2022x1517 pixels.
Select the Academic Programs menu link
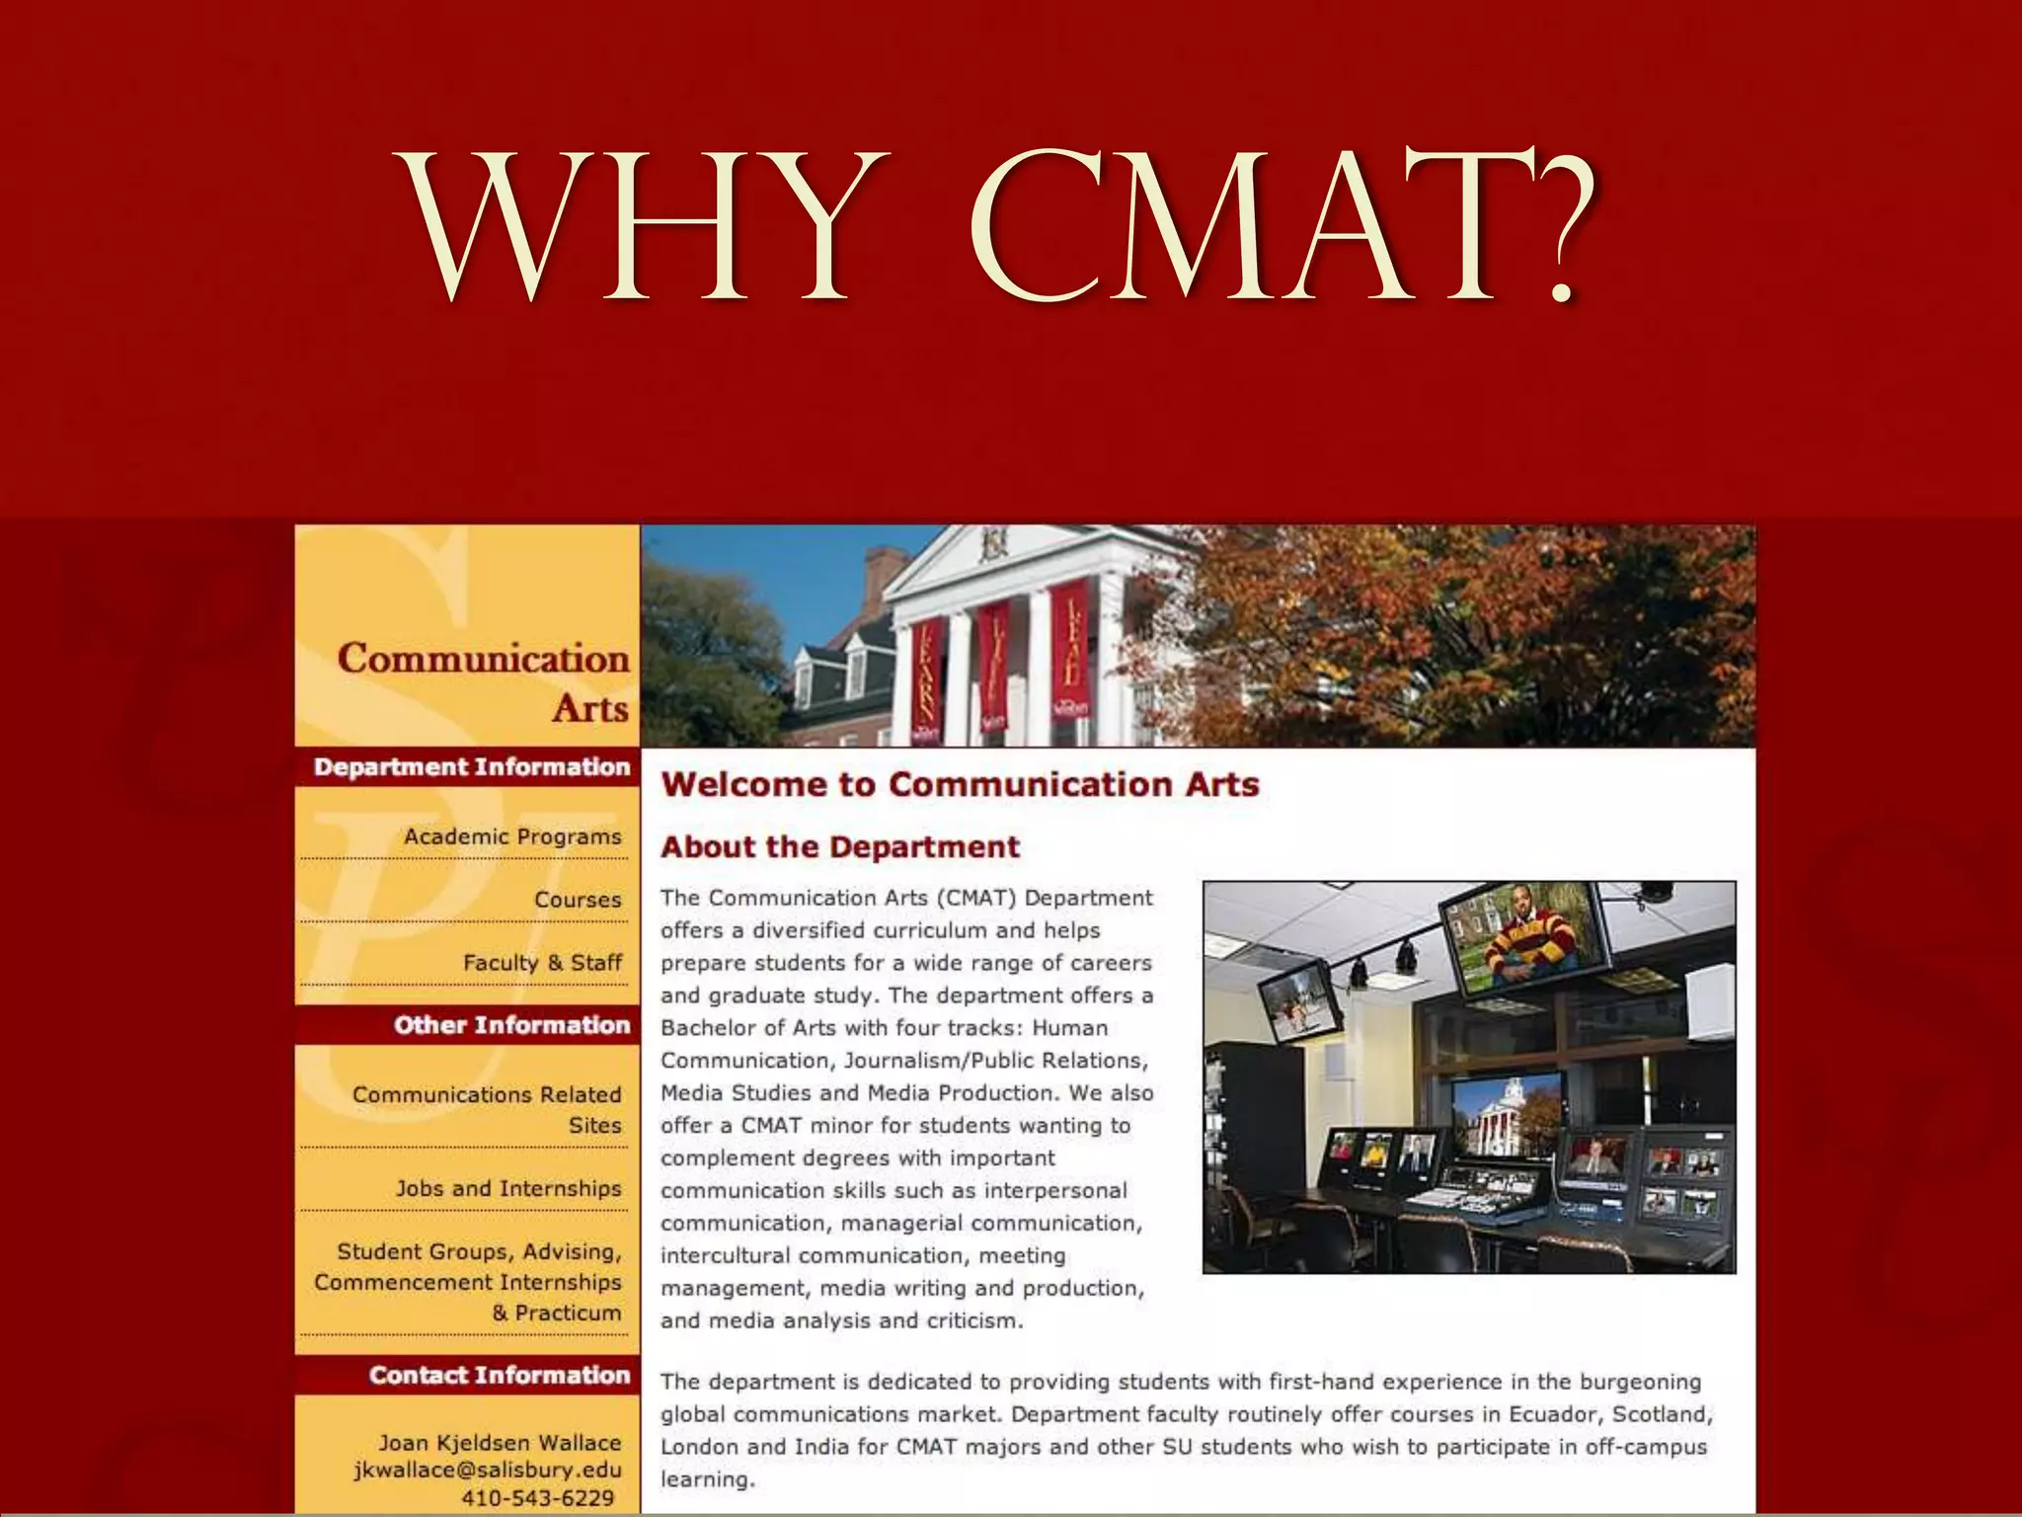pos(512,837)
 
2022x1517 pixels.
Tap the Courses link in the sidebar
pos(578,900)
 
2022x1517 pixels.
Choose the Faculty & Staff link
pos(542,962)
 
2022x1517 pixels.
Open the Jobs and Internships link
pos(508,1188)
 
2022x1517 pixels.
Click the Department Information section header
pos(471,767)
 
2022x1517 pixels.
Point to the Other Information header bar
pos(510,1025)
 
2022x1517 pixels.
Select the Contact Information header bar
pos(499,1375)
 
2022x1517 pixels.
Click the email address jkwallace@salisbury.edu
pos(488,1470)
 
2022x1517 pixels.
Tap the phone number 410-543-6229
pos(537,1498)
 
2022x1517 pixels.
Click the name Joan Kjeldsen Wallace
pos(500,1442)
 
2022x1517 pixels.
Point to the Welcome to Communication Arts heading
pos(960,784)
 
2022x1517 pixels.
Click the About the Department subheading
pos(840,846)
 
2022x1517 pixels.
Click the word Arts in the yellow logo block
pos(589,708)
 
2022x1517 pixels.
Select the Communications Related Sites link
pos(487,1109)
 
